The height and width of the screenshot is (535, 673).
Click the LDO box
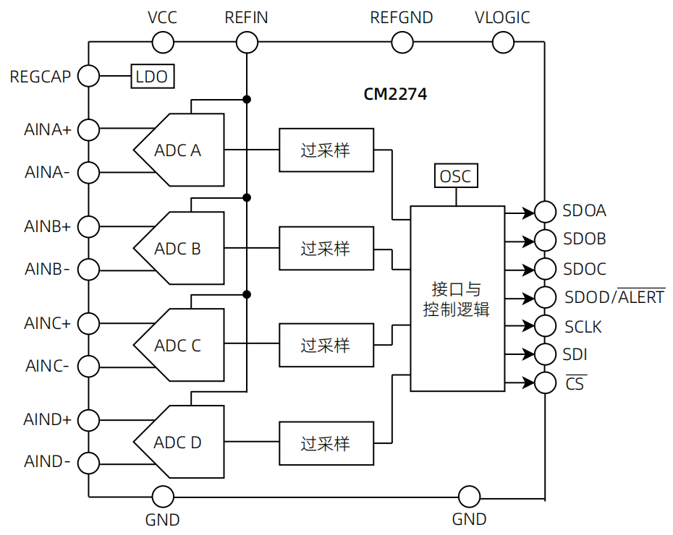pyautogui.click(x=152, y=76)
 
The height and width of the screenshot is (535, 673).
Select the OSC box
pyautogui.click(x=455, y=176)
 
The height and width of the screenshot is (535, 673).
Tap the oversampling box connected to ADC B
pyautogui.click(x=326, y=248)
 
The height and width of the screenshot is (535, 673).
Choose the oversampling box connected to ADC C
pyautogui.click(x=326, y=345)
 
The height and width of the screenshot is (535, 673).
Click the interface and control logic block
pyautogui.click(x=457, y=299)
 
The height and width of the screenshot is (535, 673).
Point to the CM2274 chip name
pyautogui.click(x=395, y=95)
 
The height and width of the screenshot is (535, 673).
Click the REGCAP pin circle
pyautogui.click(x=88, y=75)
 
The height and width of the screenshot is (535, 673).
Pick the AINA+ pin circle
pyautogui.click(x=88, y=129)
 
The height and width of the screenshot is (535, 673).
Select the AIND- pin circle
pyautogui.click(x=88, y=462)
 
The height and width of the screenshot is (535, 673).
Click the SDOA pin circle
pyautogui.click(x=545, y=211)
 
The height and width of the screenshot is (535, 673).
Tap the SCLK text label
pyautogui.click(x=583, y=327)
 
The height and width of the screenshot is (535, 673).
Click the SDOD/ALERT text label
pyautogui.click(x=614, y=297)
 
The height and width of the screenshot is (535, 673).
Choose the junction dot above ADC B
pyautogui.click(x=247, y=197)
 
